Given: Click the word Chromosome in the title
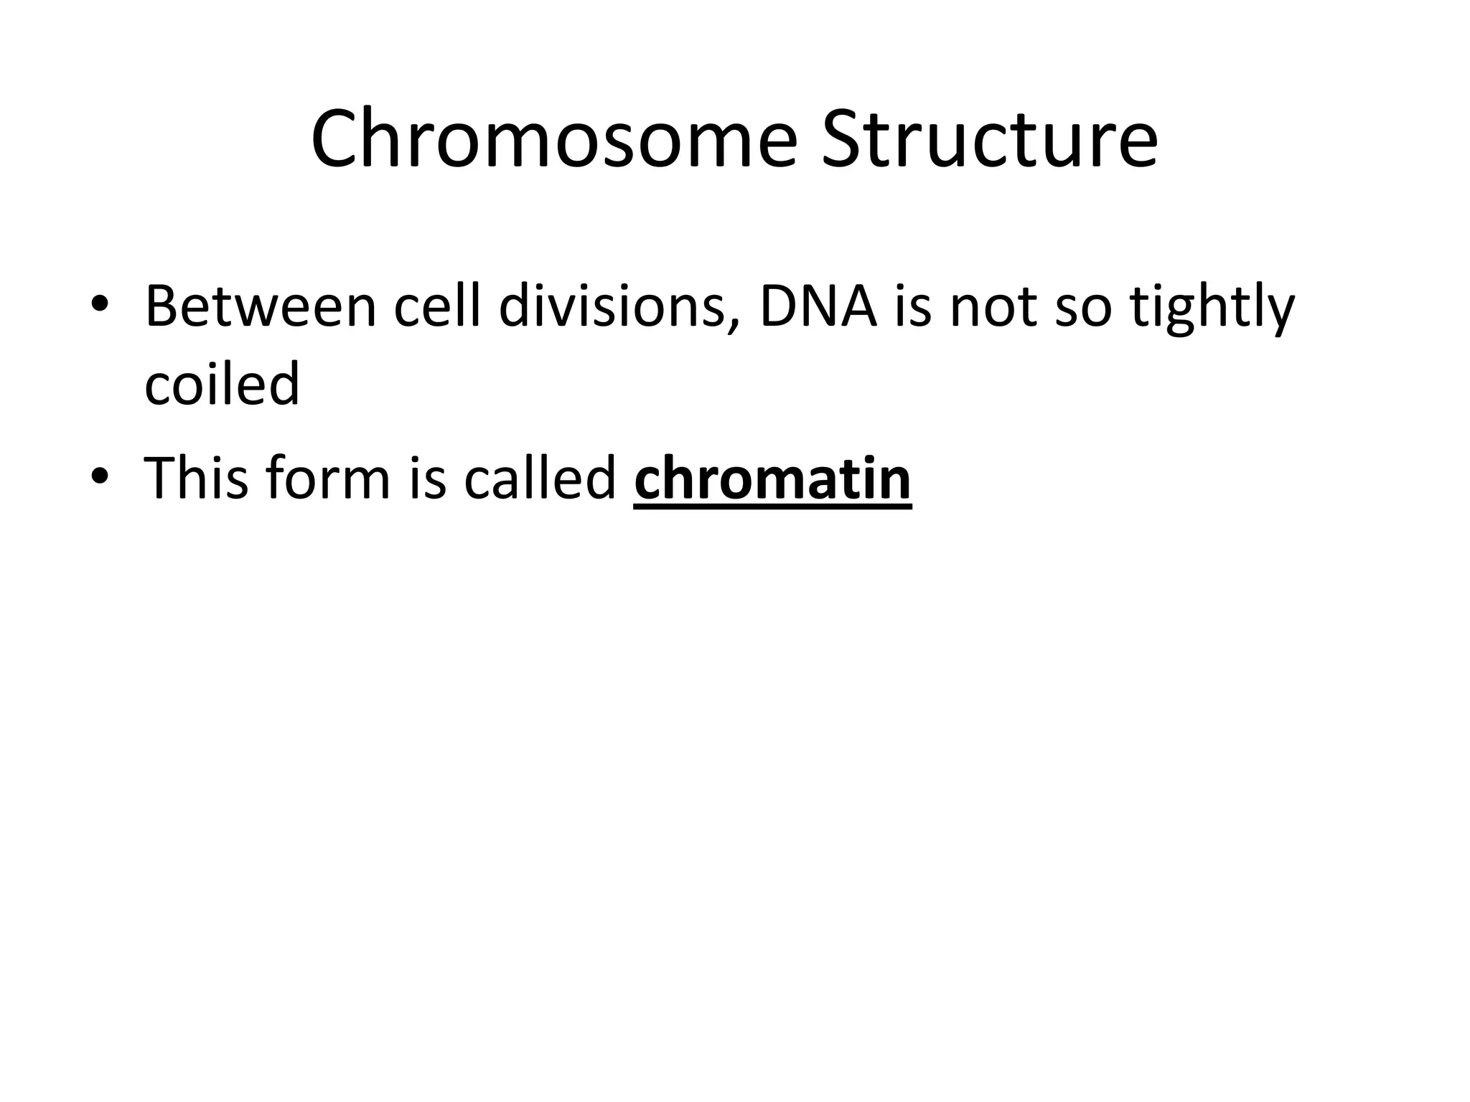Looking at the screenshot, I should (553, 138).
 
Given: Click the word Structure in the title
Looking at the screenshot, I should (989, 138).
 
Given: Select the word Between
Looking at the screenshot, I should (261, 307).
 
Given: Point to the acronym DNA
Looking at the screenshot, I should (817, 307).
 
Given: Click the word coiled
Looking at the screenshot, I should (222, 383).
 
